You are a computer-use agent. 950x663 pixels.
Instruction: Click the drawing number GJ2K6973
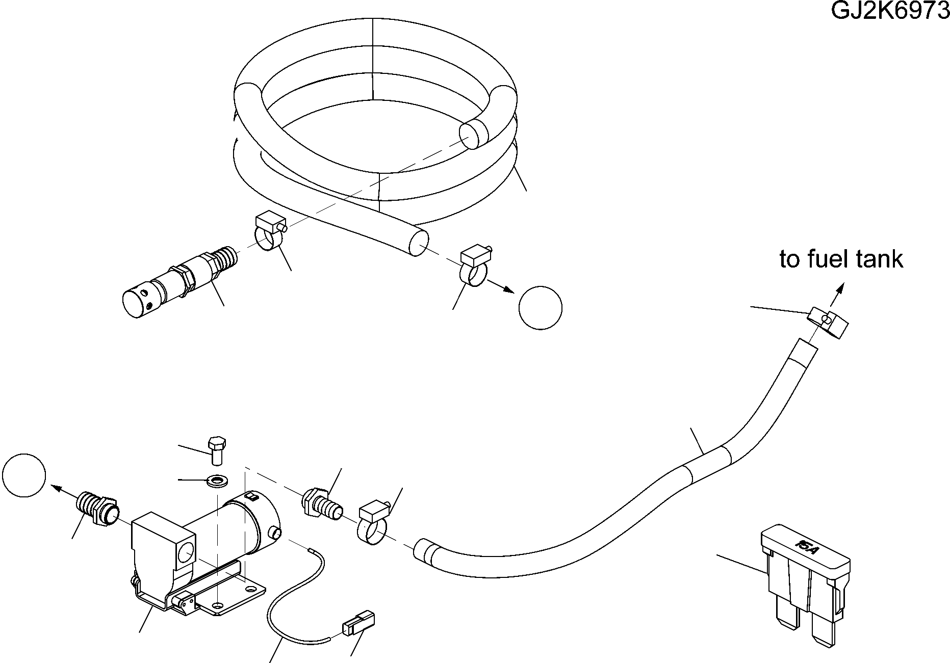point(890,10)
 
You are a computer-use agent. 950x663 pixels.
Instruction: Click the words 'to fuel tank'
point(841,259)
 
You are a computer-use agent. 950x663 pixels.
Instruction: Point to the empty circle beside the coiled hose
point(540,308)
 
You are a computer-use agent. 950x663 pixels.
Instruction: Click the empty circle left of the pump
point(24,475)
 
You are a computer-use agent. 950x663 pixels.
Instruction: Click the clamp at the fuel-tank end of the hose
point(827,323)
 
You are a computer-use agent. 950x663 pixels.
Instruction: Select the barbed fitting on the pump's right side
point(323,504)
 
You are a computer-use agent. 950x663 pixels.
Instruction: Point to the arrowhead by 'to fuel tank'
point(839,289)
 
